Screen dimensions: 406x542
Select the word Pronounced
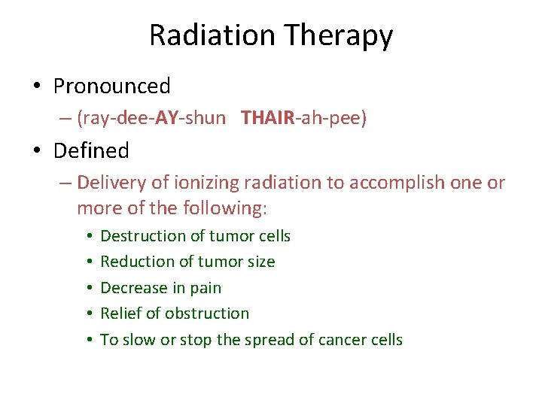(x=112, y=86)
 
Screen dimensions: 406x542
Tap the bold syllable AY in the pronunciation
(x=166, y=119)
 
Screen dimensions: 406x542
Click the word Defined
(x=91, y=151)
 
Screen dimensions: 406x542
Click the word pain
(x=206, y=288)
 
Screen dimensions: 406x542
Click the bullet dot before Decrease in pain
(x=89, y=288)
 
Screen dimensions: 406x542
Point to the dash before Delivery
(x=66, y=183)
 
